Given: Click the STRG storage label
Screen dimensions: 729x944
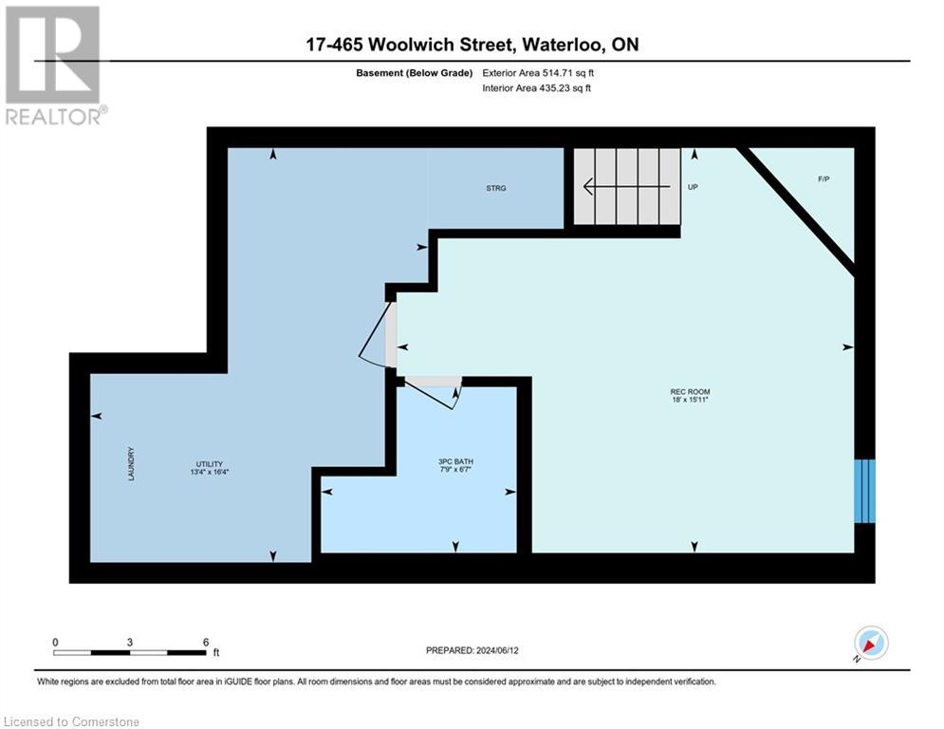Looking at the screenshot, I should pyautogui.click(x=495, y=188).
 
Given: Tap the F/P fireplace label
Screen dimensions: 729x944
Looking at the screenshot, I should pyautogui.click(x=824, y=179).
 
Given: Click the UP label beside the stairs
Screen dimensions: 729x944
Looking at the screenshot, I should pyautogui.click(x=693, y=188).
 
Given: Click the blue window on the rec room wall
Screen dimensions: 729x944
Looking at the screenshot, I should pyautogui.click(x=863, y=491).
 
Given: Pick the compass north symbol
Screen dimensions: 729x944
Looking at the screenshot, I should pyautogui.click(x=870, y=644).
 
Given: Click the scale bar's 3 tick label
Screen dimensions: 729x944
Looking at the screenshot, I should pyautogui.click(x=129, y=642).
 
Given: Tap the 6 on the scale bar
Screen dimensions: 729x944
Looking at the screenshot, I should pyautogui.click(x=205, y=642).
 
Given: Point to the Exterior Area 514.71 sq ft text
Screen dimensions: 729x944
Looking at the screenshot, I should pyautogui.click(x=538, y=72).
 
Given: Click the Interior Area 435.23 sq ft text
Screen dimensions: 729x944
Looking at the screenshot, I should pyautogui.click(x=536, y=88).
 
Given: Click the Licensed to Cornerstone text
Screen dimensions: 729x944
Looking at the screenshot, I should pyautogui.click(x=71, y=722).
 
